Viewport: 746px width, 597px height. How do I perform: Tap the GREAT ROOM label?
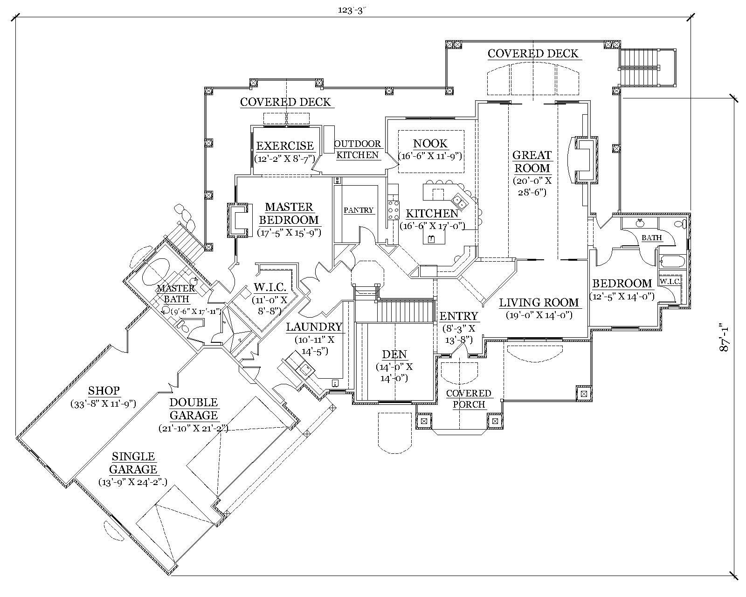(532, 162)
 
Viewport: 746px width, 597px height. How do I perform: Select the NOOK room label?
(430, 144)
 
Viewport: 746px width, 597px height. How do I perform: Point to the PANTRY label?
(359, 210)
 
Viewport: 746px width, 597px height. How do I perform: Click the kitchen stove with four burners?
(394, 210)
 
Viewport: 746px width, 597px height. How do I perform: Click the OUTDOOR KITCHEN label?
(358, 150)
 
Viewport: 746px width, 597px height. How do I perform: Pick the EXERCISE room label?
(285, 146)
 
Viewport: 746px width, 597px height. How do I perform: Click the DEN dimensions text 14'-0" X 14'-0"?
(394, 372)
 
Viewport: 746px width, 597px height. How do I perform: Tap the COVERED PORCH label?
(469, 399)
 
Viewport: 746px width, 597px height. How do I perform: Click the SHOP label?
(104, 390)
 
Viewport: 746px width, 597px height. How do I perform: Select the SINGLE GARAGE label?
(133, 463)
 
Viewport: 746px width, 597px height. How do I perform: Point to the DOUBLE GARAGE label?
(193, 409)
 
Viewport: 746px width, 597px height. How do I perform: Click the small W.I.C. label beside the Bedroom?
(670, 282)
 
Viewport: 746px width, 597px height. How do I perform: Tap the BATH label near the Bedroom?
(651, 238)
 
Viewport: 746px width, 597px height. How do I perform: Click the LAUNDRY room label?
(314, 327)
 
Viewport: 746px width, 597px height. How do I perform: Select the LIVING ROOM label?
(539, 303)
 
